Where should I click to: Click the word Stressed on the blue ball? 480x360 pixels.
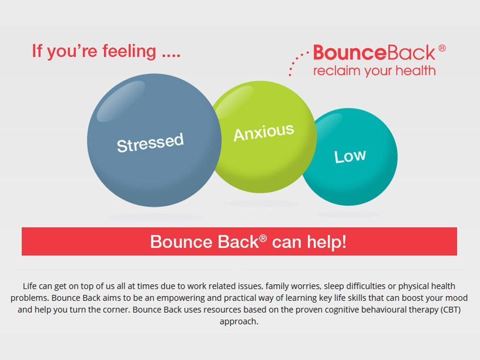[150, 143]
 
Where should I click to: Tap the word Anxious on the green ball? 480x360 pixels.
[264, 132]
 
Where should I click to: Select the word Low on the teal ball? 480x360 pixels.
[350, 156]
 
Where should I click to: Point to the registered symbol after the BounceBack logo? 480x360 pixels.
[442, 48]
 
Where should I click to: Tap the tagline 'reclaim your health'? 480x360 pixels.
[374, 71]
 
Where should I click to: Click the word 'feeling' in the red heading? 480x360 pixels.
[129, 50]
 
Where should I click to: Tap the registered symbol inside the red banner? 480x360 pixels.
[263, 237]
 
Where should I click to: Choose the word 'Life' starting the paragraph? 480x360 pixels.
[30, 286]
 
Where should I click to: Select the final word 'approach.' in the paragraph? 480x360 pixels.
[239, 322]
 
